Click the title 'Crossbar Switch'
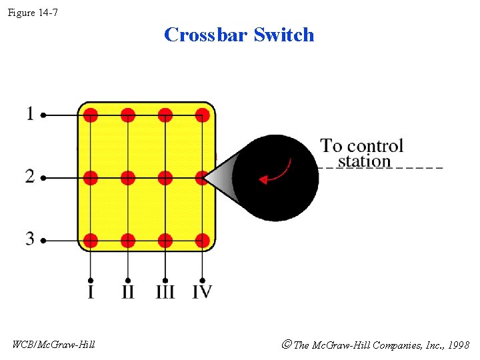[239, 35]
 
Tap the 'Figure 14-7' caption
[33, 11]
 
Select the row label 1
[29, 114]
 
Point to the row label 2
[29, 177]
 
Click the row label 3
[29, 239]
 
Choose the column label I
[91, 292]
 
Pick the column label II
[127, 292]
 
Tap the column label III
[165, 292]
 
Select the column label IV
[202, 292]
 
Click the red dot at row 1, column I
[91, 115]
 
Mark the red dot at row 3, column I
[91, 240]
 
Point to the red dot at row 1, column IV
[203, 115]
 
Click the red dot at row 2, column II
[128, 178]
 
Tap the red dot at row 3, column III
[165, 240]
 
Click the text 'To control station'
[362, 153]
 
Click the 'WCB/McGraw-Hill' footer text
[53, 345]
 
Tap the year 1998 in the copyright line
[458, 345]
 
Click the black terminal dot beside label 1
[43, 115]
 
